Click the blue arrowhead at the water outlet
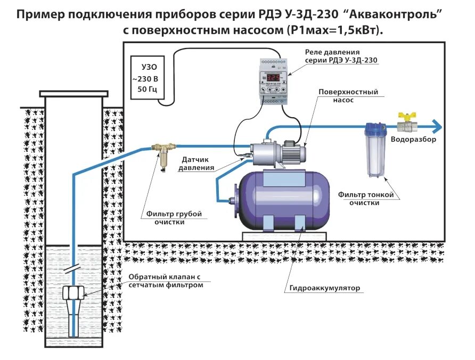click(438, 127)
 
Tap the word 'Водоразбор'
click(413, 140)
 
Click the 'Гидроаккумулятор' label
click(325, 288)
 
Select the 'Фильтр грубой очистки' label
click(174, 218)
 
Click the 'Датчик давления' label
click(198, 163)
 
